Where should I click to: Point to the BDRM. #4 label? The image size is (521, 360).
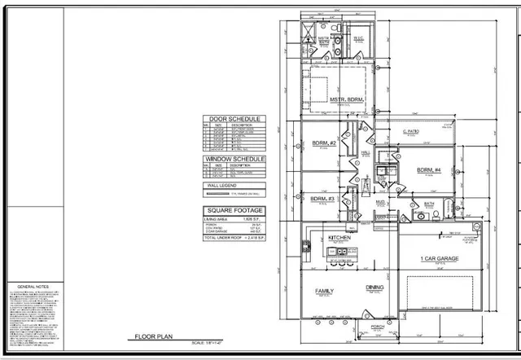428,170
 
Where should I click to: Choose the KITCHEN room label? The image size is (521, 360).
339,239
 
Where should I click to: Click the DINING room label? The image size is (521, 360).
374,288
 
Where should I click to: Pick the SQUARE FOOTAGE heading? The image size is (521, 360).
234,210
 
